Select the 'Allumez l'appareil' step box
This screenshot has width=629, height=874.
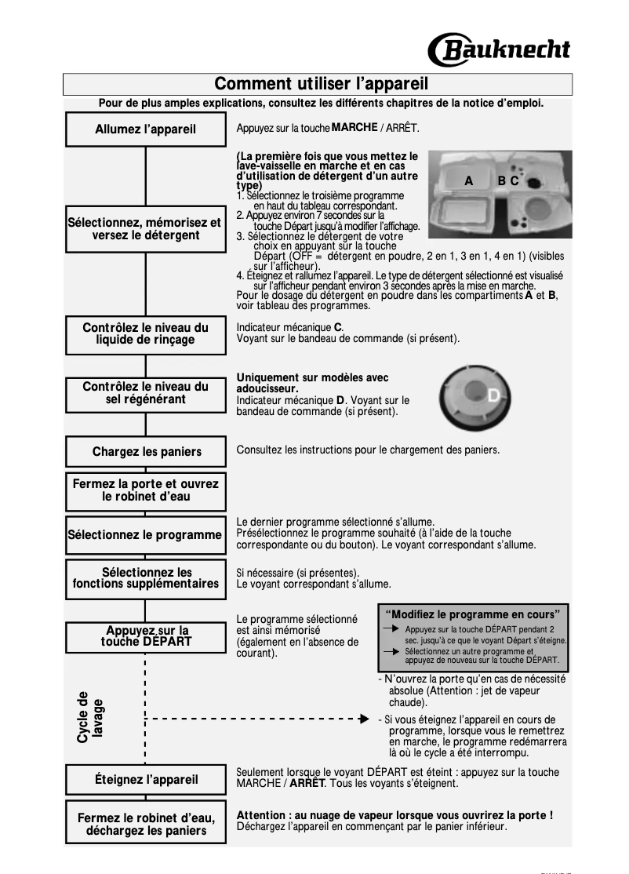point(145,129)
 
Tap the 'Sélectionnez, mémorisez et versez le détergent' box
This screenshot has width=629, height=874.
point(145,228)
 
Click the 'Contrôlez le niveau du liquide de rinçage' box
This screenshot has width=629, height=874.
point(145,333)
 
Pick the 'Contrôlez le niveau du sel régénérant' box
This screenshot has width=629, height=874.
point(145,392)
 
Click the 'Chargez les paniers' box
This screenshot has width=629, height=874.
point(145,451)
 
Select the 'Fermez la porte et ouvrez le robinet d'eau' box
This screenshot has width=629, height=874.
point(145,490)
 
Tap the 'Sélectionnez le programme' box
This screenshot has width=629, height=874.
point(145,535)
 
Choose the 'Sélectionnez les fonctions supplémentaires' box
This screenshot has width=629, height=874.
point(145,578)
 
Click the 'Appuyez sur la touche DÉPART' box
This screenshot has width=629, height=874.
point(145,636)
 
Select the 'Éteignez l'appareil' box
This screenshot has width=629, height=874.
point(145,779)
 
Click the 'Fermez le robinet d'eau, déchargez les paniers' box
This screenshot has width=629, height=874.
point(145,823)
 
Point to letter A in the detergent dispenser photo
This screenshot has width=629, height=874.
point(468,180)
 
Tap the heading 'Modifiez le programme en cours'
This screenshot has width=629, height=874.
point(473,614)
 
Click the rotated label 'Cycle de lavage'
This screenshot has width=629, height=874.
point(90,717)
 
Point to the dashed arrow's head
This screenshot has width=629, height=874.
point(363,718)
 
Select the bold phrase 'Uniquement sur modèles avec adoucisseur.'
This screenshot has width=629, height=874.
point(312,383)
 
